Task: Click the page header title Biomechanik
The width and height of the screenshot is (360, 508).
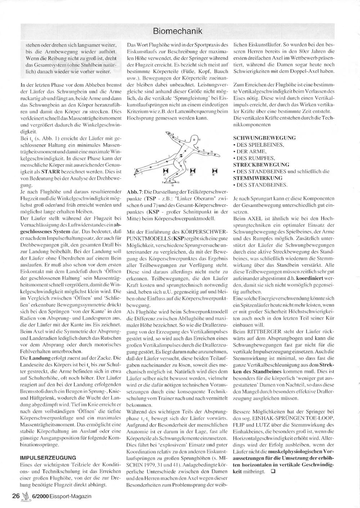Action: coord(177,31)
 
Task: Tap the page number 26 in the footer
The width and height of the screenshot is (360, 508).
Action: coord(15,496)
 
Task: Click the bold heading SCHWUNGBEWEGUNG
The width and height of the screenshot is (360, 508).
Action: coord(265,138)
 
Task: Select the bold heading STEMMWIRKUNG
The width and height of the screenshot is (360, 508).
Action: coord(257,178)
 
